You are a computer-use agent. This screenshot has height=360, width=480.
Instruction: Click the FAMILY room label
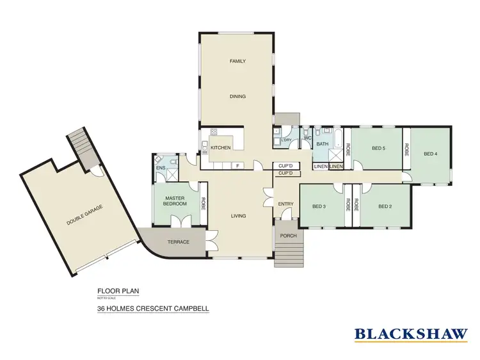coord(238,61)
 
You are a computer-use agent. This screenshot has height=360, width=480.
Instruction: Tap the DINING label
coord(238,97)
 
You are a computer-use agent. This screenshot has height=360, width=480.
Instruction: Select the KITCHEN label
coord(220,148)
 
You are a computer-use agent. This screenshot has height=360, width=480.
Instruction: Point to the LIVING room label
coord(239,217)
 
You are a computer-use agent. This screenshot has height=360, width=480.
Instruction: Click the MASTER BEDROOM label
coord(175,201)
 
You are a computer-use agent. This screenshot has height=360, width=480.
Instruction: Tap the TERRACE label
coord(179,242)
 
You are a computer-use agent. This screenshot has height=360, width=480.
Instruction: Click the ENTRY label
coord(285,204)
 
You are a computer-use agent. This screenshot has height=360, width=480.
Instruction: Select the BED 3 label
coord(319,206)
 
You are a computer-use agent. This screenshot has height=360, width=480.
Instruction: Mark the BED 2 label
coord(385,206)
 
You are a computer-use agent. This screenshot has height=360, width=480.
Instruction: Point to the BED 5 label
coord(379,149)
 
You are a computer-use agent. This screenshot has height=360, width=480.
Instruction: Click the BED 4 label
coord(431,154)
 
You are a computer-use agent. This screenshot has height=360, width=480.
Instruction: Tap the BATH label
coord(322,144)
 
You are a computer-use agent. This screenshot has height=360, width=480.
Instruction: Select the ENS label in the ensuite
coord(160,168)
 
